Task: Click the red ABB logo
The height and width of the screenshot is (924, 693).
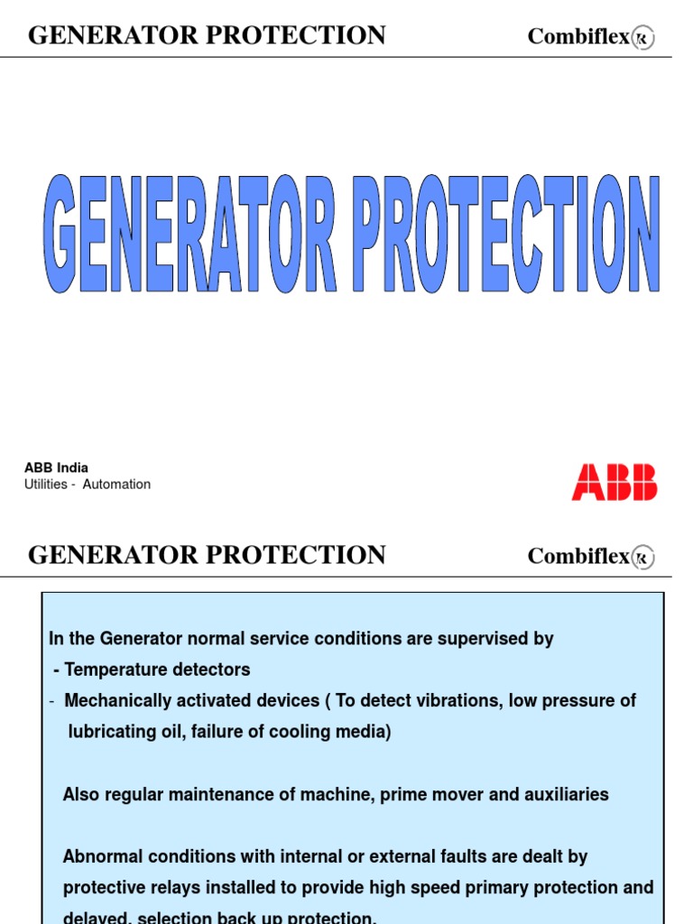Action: pyautogui.click(x=614, y=483)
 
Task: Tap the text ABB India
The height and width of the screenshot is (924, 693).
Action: pyautogui.click(x=56, y=467)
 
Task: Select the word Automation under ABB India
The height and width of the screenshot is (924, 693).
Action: pyautogui.click(x=116, y=485)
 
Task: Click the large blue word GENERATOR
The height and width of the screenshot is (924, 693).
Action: pyautogui.click(x=190, y=235)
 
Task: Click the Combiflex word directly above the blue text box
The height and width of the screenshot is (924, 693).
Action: pyautogui.click(x=578, y=556)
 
